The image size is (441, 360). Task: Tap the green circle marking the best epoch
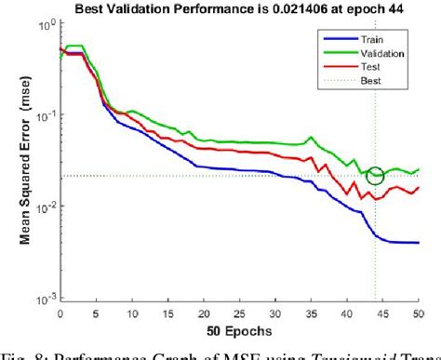[x=376, y=176]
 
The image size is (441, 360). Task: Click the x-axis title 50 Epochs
[x=238, y=329]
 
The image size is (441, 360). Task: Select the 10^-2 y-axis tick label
[x=43, y=207]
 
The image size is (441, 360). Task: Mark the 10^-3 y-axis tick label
[x=43, y=298]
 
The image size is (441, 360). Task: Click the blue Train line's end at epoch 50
[x=418, y=243]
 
